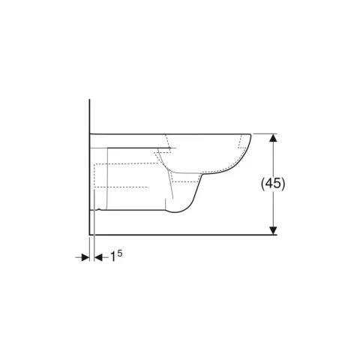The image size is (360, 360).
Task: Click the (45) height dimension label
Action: (x=273, y=184)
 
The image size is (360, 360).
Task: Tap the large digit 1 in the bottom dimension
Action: (x=113, y=256)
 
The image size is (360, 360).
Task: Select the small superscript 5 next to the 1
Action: (x=120, y=253)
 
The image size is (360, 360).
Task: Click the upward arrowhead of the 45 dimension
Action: (x=274, y=138)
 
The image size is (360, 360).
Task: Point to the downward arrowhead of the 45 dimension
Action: (x=274, y=230)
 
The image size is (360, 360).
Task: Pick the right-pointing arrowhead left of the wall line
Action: (x=85, y=257)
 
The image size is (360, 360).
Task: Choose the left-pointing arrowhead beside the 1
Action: (x=98, y=257)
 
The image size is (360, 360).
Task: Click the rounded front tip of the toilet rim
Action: (x=250, y=136)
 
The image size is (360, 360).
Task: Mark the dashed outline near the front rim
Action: (x=242, y=142)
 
